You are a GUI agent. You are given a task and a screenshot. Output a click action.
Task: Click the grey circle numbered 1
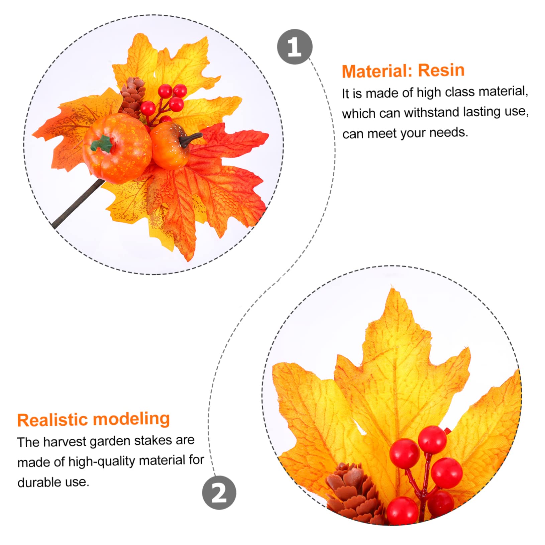[x=295, y=47]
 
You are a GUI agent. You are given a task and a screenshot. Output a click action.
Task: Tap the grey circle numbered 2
[x=219, y=493]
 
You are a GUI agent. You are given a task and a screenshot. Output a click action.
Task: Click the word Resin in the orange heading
[x=441, y=70]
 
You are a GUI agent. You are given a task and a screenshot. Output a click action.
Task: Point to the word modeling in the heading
[x=131, y=419]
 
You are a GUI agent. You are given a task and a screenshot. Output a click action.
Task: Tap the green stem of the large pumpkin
[x=102, y=144]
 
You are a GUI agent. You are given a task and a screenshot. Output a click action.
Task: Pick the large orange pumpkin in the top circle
[x=117, y=148]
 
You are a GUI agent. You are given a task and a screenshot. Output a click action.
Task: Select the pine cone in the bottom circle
[x=355, y=493]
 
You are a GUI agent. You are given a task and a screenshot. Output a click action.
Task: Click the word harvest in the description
[x=65, y=442]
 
